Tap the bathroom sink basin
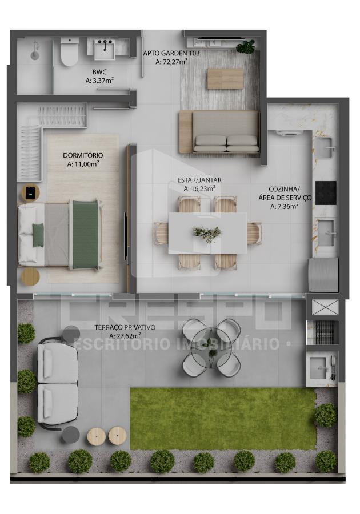click(x=105, y=50)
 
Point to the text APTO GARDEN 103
click(x=171, y=53)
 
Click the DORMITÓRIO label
click(x=83, y=155)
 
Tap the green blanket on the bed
click(x=85, y=235)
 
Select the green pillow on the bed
click(x=38, y=235)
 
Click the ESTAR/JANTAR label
click(x=199, y=180)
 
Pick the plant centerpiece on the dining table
click(x=207, y=233)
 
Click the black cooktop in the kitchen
click(x=326, y=193)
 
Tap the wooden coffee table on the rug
click(x=226, y=78)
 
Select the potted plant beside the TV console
click(x=246, y=47)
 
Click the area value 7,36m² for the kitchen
click(x=284, y=207)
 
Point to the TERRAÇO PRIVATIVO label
click(x=125, y=327)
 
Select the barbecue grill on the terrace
click(x=322, y=332)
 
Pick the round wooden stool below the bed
click(x=30, y=277)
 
